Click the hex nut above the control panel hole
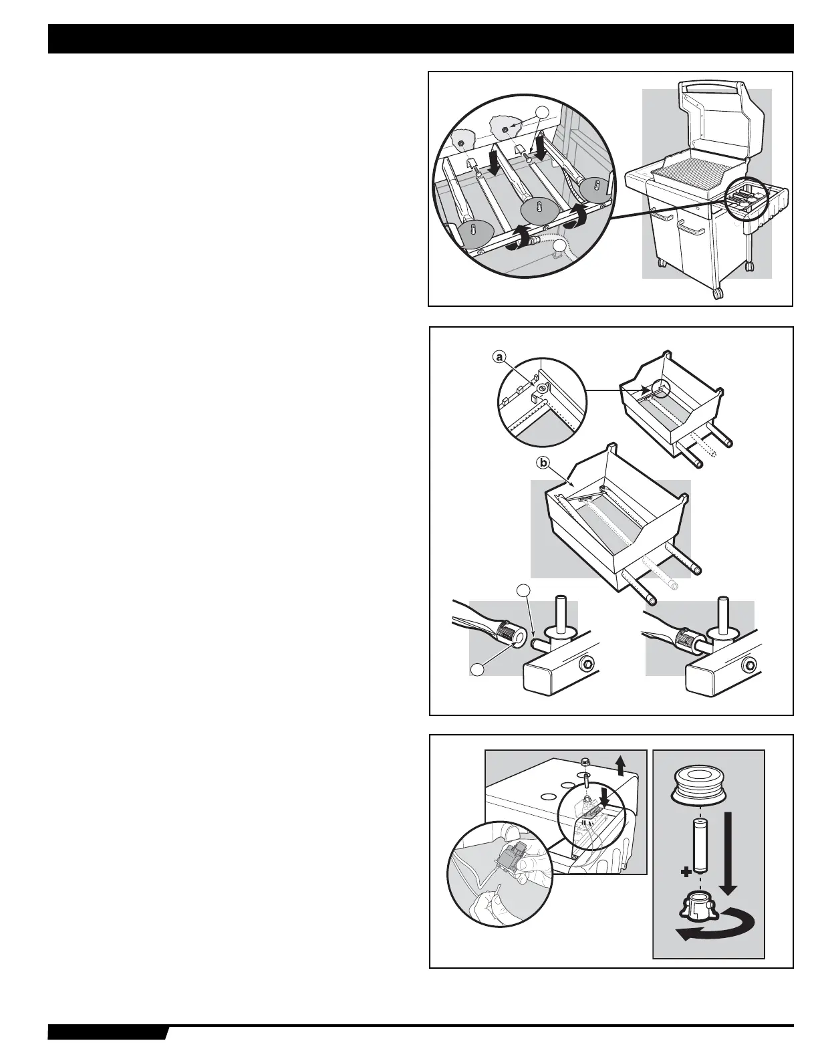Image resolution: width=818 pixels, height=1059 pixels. coord(585,761)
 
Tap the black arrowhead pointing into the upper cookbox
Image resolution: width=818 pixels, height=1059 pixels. coord(647,388)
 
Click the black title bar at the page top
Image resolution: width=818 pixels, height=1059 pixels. coord(420,39)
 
